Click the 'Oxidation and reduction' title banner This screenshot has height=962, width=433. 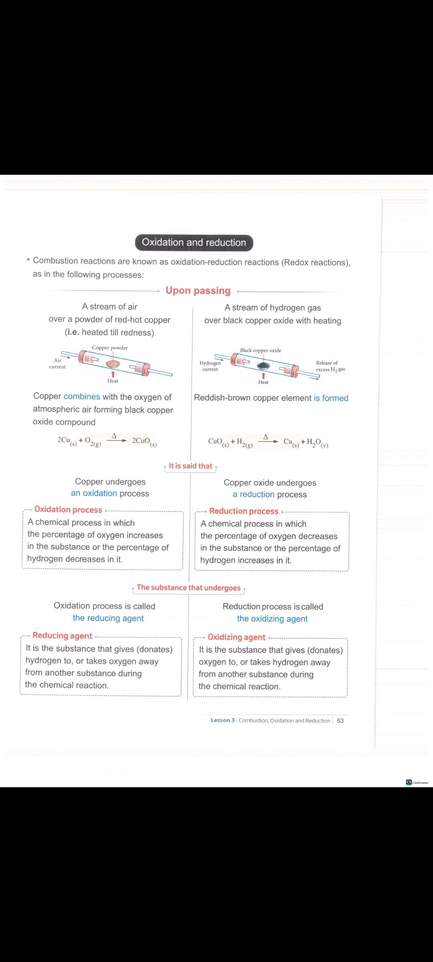194,243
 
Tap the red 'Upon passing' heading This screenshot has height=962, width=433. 198,291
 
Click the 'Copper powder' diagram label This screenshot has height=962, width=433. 110,348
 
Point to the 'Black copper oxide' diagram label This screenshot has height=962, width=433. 261,350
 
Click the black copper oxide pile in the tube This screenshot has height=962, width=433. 263,366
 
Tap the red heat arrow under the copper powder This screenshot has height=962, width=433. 113,374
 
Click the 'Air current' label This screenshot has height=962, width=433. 57,364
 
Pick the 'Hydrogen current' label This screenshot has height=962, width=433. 210,366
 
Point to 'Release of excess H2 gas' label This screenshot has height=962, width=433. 330,366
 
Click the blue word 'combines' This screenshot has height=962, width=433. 82,396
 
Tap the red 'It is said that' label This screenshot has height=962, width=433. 190,466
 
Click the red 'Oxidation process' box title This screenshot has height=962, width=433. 68,509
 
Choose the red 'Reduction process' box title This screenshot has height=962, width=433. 244,511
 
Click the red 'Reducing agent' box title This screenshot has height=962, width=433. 62,635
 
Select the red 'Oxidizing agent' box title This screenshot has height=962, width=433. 237,637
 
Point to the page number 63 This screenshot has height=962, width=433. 340,720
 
